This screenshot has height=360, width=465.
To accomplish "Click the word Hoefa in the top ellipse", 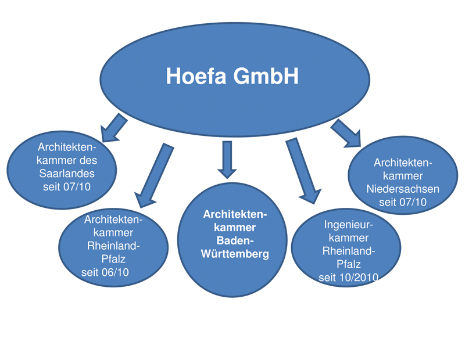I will click(x=197, y=76).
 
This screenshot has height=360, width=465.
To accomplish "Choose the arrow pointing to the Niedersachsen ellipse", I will click(x=346, y=133).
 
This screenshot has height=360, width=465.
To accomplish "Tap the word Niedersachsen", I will click(x=403, y=189).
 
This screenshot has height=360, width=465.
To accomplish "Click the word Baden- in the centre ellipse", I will click(x=235, y=240).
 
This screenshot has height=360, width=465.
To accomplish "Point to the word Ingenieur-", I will click(x=348, y=225).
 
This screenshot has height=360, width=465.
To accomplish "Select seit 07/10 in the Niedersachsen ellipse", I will click(x=403, y=202).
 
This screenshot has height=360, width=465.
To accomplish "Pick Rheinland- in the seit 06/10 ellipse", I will click(x=114, y=246).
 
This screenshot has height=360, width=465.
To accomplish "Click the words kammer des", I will click(x=67, y=160).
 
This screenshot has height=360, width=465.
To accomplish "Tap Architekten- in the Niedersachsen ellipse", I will click(x=403, y=161).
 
